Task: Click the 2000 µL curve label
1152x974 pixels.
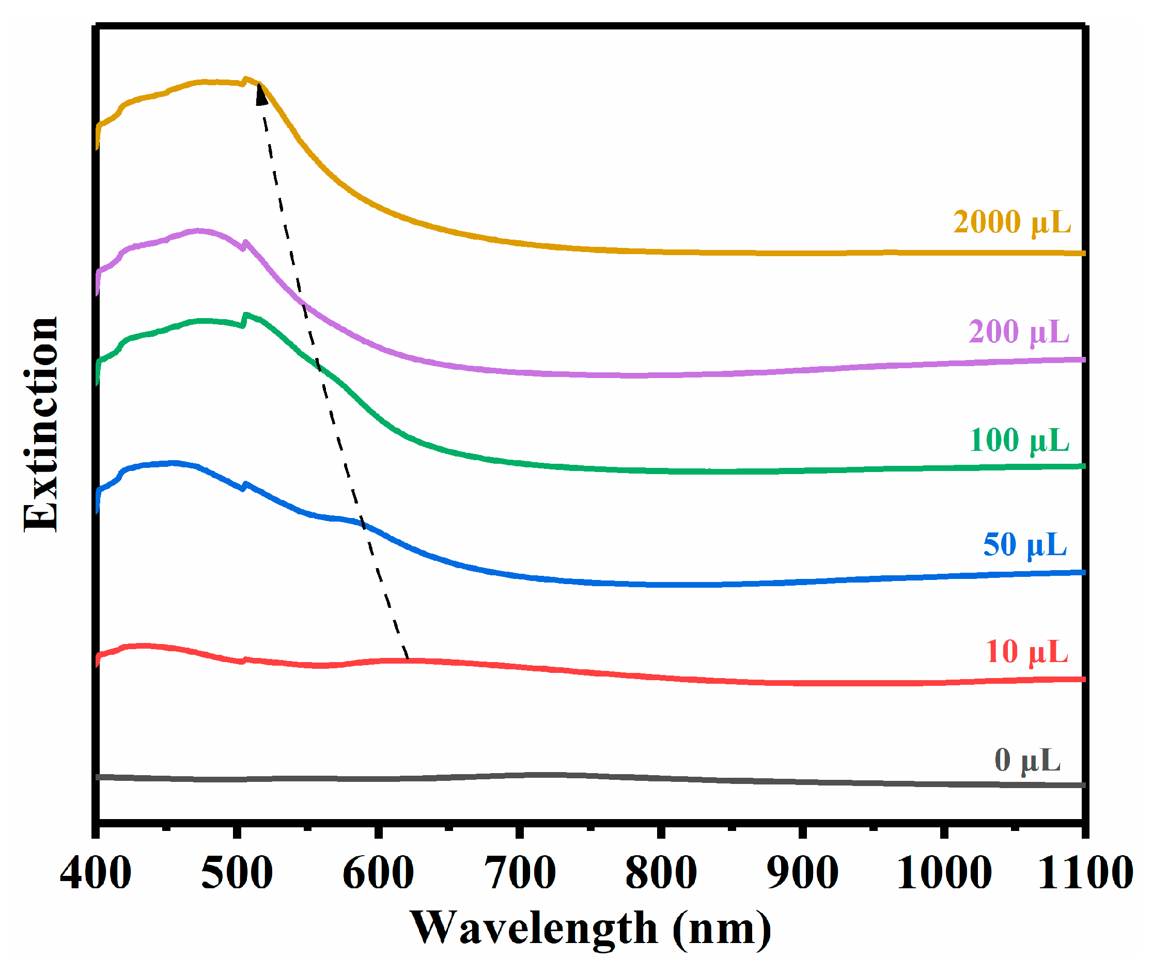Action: coord(1011,223)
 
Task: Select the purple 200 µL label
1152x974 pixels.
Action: coord(1018,333)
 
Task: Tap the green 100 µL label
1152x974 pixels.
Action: coord(1019,441)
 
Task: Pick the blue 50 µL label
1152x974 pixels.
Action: coord(1024,545)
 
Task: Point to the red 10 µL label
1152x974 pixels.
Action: coord(1026,652)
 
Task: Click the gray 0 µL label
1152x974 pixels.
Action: coord(1027,761)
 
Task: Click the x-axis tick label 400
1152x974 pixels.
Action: coord(96,873)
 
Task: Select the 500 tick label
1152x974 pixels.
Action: coord(237,873)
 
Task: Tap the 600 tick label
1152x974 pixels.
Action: coord(378,873)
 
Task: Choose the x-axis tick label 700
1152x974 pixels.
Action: coord(520,873)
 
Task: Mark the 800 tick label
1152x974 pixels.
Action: coord(661,873)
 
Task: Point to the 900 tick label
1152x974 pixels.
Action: coord(802,873)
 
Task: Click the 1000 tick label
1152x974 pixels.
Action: coord(944,873)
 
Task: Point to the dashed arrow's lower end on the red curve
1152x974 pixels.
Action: coord(408,659)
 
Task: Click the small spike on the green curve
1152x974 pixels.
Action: coord(245,316)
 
